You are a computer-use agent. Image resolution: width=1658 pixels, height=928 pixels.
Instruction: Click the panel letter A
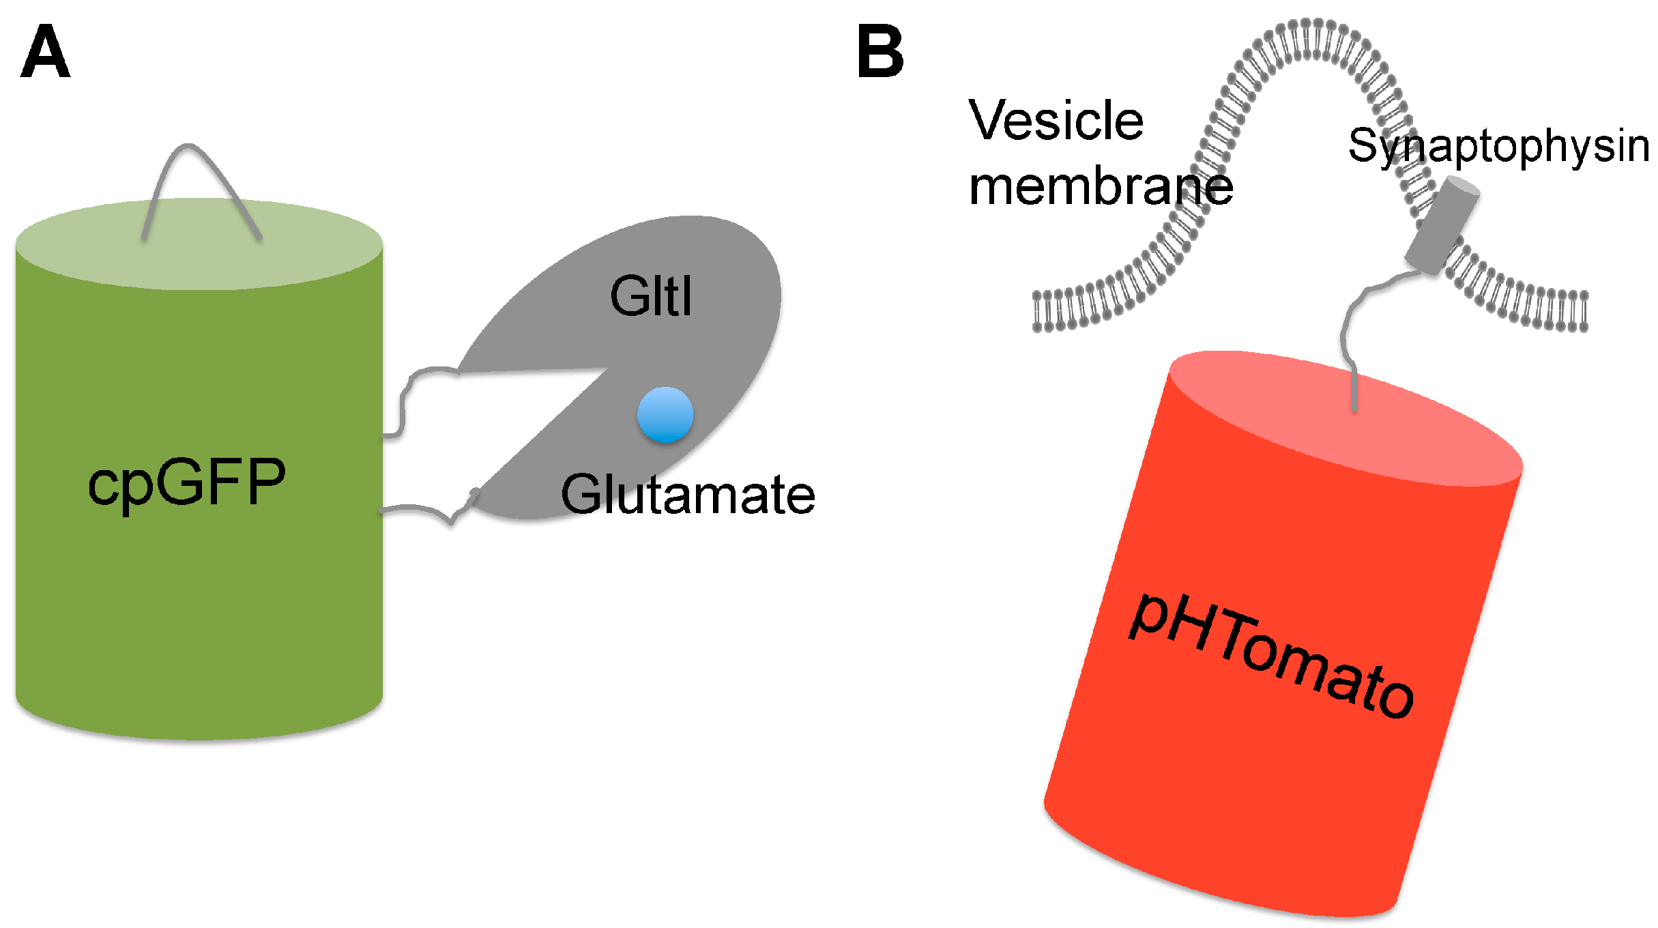coord(45,53)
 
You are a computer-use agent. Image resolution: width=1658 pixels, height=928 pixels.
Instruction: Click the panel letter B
coord(879,53)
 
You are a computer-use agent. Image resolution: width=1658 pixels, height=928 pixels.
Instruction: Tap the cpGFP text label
coord(186,482)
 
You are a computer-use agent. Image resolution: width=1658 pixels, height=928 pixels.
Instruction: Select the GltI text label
coord(651,296)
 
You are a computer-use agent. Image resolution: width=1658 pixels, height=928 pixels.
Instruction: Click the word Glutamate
coord(687,494)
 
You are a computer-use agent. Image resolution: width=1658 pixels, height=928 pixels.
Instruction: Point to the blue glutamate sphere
coord(665,415)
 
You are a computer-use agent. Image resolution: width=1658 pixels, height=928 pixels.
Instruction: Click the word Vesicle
coord(1056,121)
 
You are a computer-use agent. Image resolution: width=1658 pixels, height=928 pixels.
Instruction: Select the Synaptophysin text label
coord(1498,145)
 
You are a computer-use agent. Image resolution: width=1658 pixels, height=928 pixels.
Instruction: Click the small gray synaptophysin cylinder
coord(1442,225)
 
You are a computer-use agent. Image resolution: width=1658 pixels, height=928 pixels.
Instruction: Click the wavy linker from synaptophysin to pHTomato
coord(1354,321)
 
